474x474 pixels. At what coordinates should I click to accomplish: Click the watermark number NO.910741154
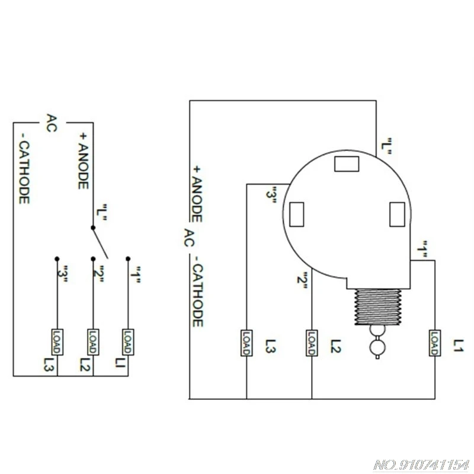point(421,465)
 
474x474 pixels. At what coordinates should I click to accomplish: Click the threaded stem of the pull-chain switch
point(378,307)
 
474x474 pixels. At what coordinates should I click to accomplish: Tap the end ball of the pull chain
point(377,347)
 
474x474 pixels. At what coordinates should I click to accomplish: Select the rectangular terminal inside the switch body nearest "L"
point(347,164)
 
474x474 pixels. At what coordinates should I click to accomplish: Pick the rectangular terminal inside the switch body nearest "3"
point(297,214)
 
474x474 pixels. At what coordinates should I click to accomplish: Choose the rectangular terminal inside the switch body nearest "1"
point(397,214)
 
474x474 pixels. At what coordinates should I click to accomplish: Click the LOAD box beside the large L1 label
point(435,343)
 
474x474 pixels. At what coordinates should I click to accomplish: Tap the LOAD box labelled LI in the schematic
point(128,342)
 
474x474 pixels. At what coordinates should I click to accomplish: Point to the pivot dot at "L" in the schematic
point(93,228)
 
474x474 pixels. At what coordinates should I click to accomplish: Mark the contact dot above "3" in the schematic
point(57,259)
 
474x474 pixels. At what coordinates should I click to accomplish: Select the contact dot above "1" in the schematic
point(128,259)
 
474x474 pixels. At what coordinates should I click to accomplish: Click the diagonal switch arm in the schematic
point(100,243)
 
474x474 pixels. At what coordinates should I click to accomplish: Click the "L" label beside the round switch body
point(386,146)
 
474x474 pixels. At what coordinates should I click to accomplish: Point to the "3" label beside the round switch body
point(271,196)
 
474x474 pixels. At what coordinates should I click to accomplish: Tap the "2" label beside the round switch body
point(302,280)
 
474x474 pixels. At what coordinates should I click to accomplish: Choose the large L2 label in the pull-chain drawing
point(335,347)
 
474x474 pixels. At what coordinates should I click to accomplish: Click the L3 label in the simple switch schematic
point(49,364)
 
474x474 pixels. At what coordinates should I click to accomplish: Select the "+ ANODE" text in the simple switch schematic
point(83,161)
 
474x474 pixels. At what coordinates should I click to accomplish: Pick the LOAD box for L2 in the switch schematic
point(93,342)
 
